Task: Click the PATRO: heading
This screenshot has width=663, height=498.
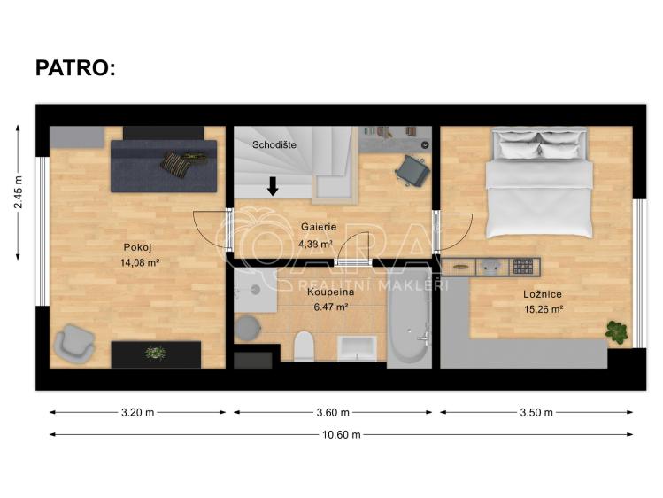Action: click(74, 68)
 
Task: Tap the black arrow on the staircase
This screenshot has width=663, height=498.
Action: click(273, 185)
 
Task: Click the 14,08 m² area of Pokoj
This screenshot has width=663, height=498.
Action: click(139, 262)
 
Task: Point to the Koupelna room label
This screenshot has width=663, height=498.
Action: click(330, 292)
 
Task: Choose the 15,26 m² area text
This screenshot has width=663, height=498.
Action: click(544, 309)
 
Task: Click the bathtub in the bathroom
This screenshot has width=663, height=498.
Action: click(408, 327)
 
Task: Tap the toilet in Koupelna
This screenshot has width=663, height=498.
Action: click(303, 345)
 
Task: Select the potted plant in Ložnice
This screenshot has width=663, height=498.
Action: click(617, 332)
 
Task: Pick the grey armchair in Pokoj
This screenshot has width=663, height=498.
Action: click(73, 344)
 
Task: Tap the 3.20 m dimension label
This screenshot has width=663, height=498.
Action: click(137, 412)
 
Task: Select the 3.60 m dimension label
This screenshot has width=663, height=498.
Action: click(332, 412)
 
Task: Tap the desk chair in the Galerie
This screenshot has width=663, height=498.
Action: click(412, 168)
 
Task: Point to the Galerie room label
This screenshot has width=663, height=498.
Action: click(316, 227)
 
